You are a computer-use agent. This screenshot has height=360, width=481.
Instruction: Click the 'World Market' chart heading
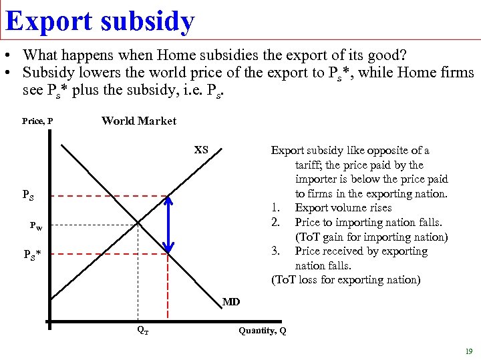(139, 121)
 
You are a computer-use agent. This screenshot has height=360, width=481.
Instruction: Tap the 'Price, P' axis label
(37, 122)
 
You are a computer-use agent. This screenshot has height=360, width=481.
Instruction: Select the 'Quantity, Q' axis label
(262, 331)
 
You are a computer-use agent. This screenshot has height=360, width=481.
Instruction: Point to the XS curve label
(201, 150)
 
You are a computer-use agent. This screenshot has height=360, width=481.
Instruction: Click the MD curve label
(231, 302)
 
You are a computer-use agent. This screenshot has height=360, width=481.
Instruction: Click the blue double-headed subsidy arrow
(169, 225)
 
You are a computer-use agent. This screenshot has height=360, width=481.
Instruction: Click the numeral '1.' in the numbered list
(275, 208)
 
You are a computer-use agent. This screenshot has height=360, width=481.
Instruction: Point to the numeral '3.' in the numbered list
(275, 251)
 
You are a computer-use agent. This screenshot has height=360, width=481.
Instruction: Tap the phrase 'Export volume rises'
(343, 208)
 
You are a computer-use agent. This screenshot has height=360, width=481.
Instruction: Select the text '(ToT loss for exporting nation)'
(345, 280)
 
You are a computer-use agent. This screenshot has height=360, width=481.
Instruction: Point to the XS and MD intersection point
(138, 223)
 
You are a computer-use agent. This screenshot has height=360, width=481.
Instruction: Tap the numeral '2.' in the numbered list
(275, 222)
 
